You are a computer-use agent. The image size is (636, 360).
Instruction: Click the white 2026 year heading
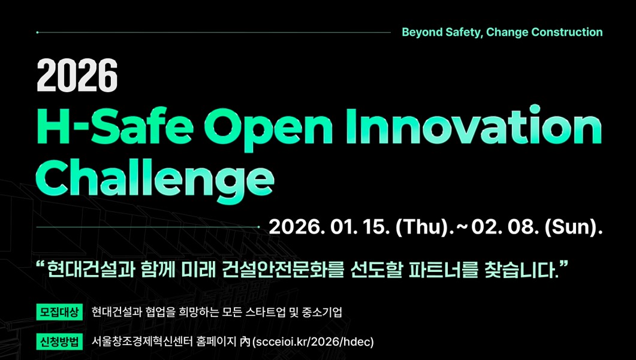click(77, 75)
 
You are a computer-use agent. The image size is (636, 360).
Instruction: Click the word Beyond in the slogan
click(421, 32)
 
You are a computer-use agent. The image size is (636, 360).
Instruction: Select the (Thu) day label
click(422, 227)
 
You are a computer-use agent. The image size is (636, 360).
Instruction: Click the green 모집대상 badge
click(59, 312)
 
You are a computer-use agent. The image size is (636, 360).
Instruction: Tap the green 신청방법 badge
click(59, 342)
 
